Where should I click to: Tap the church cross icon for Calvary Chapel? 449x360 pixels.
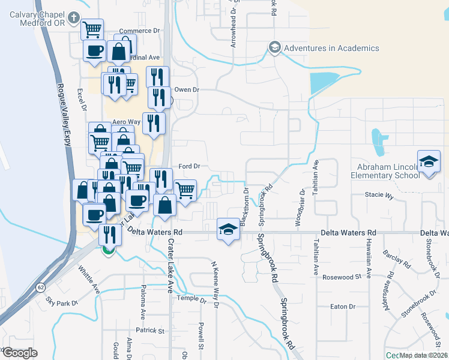[73, 18]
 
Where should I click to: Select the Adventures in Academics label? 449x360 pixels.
[331, 48]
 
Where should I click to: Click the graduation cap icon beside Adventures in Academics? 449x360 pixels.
[275, 47]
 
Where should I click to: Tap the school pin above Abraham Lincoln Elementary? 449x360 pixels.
[429, 161]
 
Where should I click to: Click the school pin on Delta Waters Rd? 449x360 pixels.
[228, 229]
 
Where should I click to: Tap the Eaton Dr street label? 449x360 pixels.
[344, 307]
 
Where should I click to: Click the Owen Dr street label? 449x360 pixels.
[186, 89]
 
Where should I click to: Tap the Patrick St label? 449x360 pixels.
[149, 331]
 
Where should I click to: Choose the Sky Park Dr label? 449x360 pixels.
[62, 304]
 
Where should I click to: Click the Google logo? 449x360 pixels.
[19, 353]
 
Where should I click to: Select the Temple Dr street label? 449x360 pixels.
[190, 300]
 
